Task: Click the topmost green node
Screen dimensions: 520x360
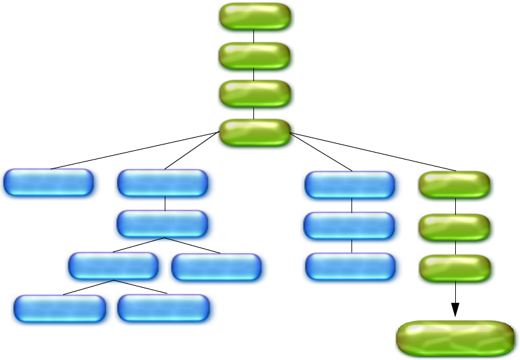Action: pyautogui.click(x=255, y=16)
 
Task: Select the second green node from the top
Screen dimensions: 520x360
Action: pyautogui.click(x=255, y=56)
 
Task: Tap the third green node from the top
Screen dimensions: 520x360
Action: pyautogui.click(x=255, y=94)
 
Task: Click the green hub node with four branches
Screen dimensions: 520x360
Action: pyautogui.click(x=255, y=133)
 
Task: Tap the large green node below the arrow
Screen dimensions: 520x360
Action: pyautogui.click(x=455, y=338)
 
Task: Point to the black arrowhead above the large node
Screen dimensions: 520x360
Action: pyautogui.click(x=455, y=310)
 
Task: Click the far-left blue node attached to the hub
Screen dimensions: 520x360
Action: pyautogui.click(x=48, y=183)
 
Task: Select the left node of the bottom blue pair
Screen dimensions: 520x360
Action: pyautogui.click(x=60, y=308)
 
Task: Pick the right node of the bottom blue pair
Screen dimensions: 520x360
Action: pyautogui.click(x=163, y=308)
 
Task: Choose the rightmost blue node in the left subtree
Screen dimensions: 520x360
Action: pyautogui.click(x=216, y=267)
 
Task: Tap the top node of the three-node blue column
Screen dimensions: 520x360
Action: pyautogui.click(x=350, y=185)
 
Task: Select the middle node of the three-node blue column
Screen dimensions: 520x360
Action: pyautogui.click(x=349, y=226)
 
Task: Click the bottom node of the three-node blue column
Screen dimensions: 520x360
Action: pyautogui.click(x=350, y=266)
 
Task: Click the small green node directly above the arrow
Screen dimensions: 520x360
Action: pyautogui.click(x=455, y=267)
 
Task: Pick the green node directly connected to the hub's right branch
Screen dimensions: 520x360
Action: pyautogui.click(x=455, y=184)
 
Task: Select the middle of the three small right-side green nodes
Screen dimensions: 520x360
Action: pyautogui.click(x=455, y=227)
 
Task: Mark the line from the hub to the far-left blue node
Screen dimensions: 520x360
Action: pyautogui.click(x=135, y=151)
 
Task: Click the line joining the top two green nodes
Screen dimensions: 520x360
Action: pyautogui.click(x=254, y=36)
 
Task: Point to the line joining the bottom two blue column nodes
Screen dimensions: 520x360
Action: pyautogui.click(x=351, y=246)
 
